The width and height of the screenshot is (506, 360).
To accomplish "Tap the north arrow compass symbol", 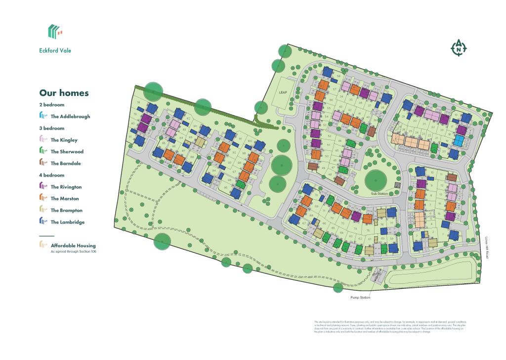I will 459,48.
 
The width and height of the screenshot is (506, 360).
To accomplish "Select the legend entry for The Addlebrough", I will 70,117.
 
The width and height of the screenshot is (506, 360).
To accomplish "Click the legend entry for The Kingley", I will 64,140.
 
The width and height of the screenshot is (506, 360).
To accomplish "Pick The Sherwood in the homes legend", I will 67,152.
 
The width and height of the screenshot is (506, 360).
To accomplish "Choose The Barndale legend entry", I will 66,164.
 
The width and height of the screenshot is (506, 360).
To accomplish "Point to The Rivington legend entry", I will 66,187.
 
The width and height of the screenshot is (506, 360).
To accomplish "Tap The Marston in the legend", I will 65,199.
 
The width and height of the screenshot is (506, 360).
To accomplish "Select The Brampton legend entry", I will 66,211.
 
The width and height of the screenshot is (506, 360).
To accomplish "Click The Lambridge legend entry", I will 67,223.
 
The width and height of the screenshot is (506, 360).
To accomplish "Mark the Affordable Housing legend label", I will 73,246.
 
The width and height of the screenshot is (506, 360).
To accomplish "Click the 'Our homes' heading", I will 64,93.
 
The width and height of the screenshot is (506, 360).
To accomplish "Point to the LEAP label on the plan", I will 283,92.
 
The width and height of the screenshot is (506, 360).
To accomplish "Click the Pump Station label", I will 360,298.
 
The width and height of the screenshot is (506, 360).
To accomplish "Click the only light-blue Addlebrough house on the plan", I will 460,140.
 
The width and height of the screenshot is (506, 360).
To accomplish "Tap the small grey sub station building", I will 397,185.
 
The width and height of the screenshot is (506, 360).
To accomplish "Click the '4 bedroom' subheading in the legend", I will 52,175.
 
